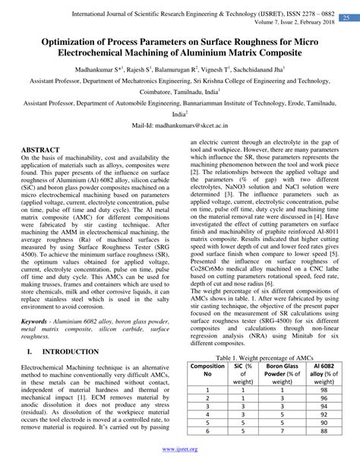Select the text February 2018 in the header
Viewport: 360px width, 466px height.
coord(314,22)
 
